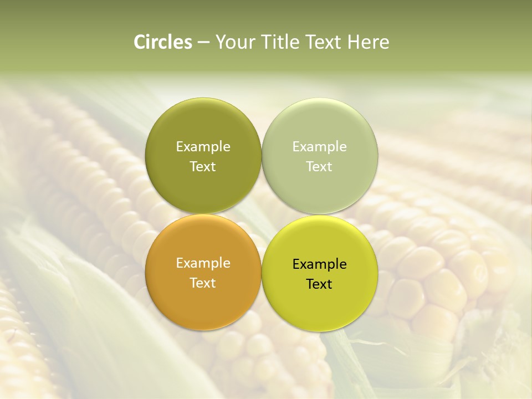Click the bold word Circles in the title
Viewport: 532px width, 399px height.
click(x=162, y=42)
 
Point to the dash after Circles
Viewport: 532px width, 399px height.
click(x=203, y=43)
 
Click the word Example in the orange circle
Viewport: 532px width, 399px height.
click(x=203, y=263)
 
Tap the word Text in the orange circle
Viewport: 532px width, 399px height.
click(x=203, y=283)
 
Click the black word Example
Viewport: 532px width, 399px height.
click(x=320, y=264)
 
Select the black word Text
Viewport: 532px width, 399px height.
click(x=319, y=284)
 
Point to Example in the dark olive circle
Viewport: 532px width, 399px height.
click(x=203, y=147)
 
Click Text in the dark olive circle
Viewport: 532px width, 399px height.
click(x=203, y=166)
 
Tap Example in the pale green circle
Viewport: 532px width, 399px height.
click(x=320, y=147)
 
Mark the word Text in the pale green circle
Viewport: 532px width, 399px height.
click(x=319, y=166)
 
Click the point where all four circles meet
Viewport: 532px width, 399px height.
click(x=262, y=214)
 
